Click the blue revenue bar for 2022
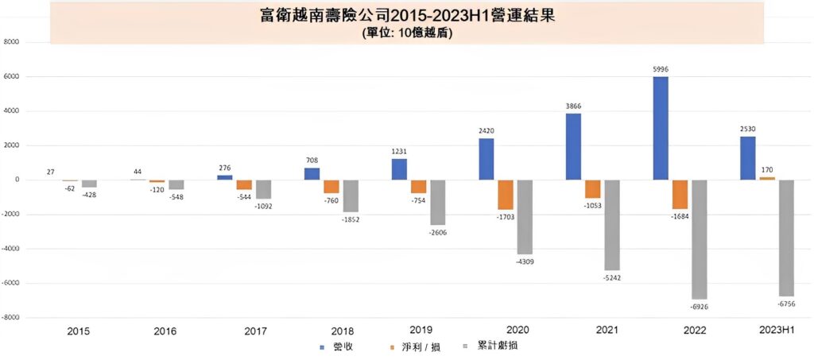pos(661,128)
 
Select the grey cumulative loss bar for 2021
pos(611,225)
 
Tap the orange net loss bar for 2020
pos(506,194)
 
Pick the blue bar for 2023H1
pos(747,158)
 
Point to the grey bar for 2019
pos(438,202)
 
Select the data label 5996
pos(661,70)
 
